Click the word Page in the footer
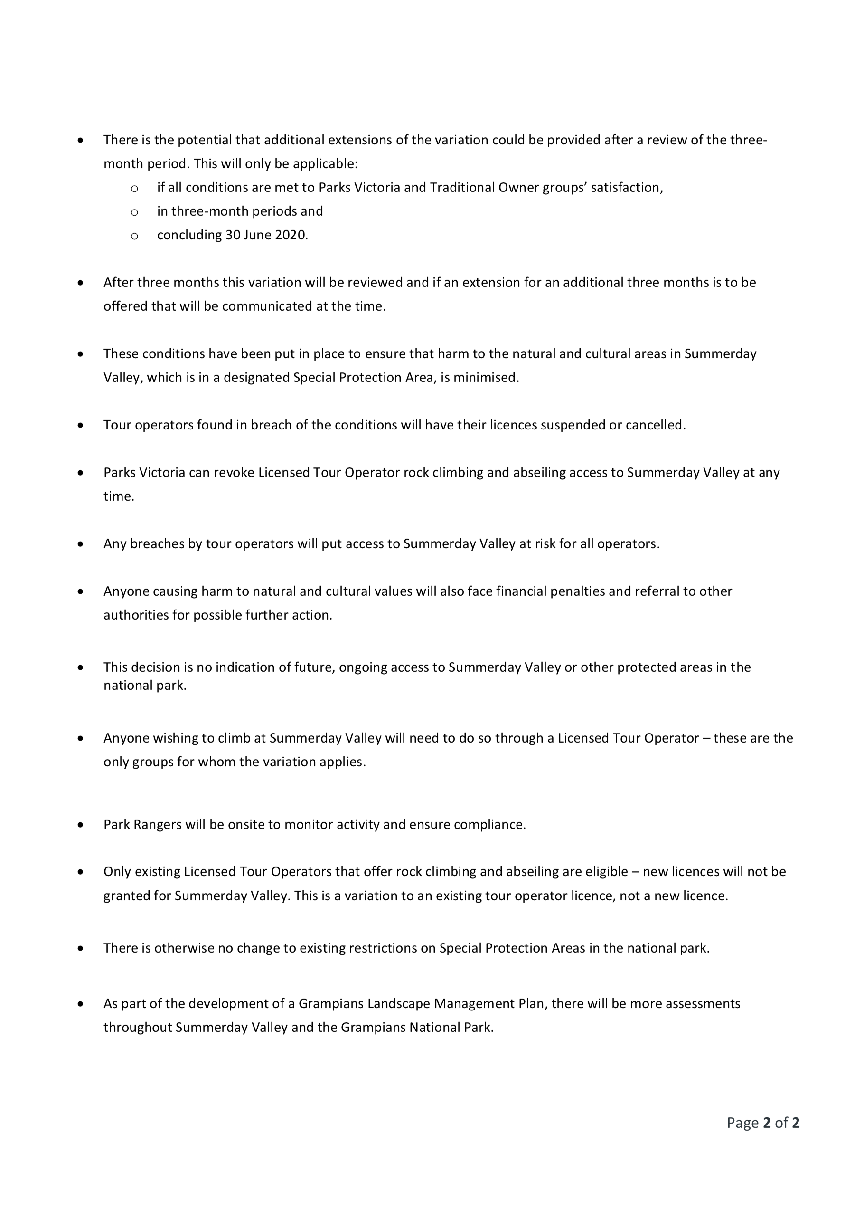click(742, 1123)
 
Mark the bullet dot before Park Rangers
click(80, 825)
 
